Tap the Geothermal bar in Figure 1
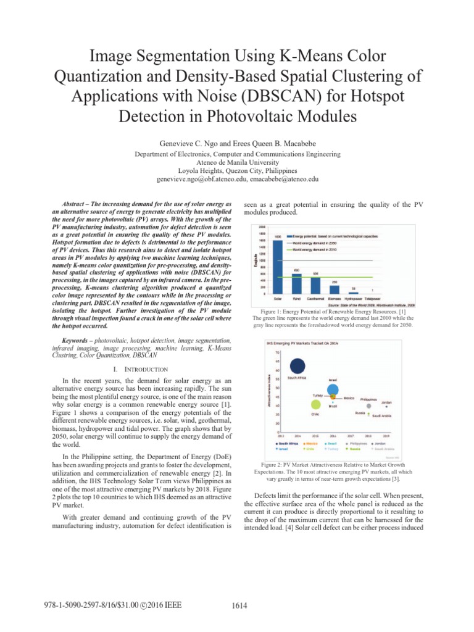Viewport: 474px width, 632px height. [315, 285]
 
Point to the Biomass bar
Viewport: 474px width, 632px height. [334, 289]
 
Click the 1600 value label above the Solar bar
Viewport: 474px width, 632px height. [278, 237]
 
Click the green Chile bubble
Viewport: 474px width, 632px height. [315, 405]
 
